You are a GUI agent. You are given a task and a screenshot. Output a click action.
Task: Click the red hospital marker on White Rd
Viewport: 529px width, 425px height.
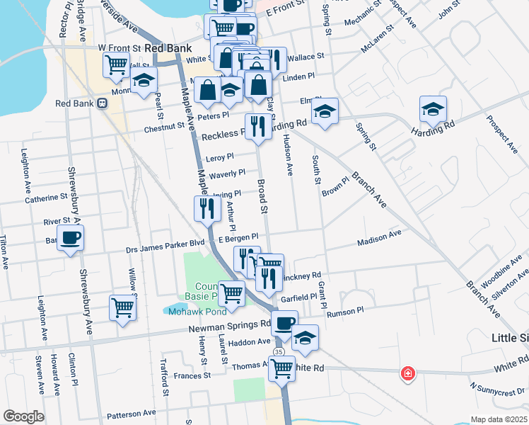coord(407,373)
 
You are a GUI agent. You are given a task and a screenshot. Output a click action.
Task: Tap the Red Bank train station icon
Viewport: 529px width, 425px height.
coord(102,103)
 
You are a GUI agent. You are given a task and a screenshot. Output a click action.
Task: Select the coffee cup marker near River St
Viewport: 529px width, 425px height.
coord(70,238)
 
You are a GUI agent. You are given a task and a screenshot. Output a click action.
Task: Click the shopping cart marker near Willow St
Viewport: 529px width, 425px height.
coord(122,308)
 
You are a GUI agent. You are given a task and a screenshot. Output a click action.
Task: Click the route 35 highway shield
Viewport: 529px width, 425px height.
coord(279,352)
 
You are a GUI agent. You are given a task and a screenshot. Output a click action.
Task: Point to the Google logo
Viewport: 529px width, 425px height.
coord(24,416)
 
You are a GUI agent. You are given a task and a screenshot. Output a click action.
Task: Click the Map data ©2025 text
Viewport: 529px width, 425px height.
coord(499,419)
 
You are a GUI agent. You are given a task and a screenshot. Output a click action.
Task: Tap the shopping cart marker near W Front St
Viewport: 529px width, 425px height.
coord(116,64)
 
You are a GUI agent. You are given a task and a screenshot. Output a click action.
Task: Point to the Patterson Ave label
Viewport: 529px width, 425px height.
coord(131,413)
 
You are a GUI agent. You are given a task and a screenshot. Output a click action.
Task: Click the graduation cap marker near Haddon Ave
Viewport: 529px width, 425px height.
coord(305,338)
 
